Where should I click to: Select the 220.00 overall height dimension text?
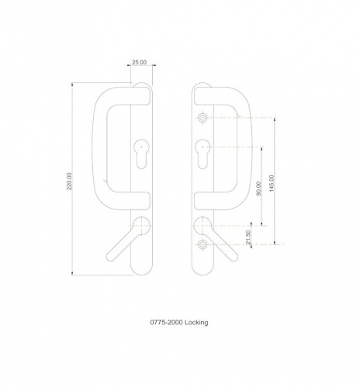69,182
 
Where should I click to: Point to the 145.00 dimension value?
271,184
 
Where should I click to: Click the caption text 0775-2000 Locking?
179,321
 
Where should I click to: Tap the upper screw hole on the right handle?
202,119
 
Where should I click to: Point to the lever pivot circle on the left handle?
140,225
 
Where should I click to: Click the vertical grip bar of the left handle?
99,147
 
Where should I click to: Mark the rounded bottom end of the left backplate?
140,271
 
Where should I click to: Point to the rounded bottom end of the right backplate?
201,271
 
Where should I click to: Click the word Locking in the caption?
196,321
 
